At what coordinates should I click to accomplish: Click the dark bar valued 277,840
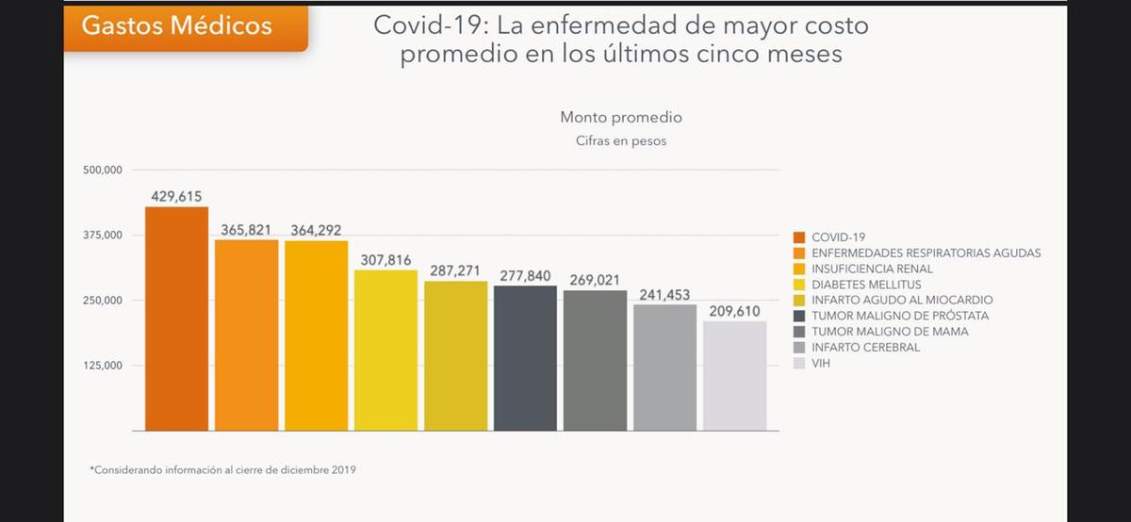coord(525,358)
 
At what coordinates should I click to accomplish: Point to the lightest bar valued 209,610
coord(734,376)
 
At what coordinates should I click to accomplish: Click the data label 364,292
coord(316,230)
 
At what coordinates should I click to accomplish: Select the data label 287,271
coord(455,270)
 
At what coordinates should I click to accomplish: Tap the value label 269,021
coord(595,280)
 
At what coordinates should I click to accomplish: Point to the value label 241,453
coord(664,295)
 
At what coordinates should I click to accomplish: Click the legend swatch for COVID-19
coord(799,237)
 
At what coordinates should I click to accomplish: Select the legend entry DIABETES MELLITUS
coord(866,285)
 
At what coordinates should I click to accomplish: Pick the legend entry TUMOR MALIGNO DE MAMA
coord(890,332)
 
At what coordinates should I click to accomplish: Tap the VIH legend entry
coord(821,363)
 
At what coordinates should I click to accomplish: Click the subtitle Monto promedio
coord(621,118)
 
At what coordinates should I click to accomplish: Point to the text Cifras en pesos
coord(621,141)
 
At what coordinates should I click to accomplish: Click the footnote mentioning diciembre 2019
coord(223,468)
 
